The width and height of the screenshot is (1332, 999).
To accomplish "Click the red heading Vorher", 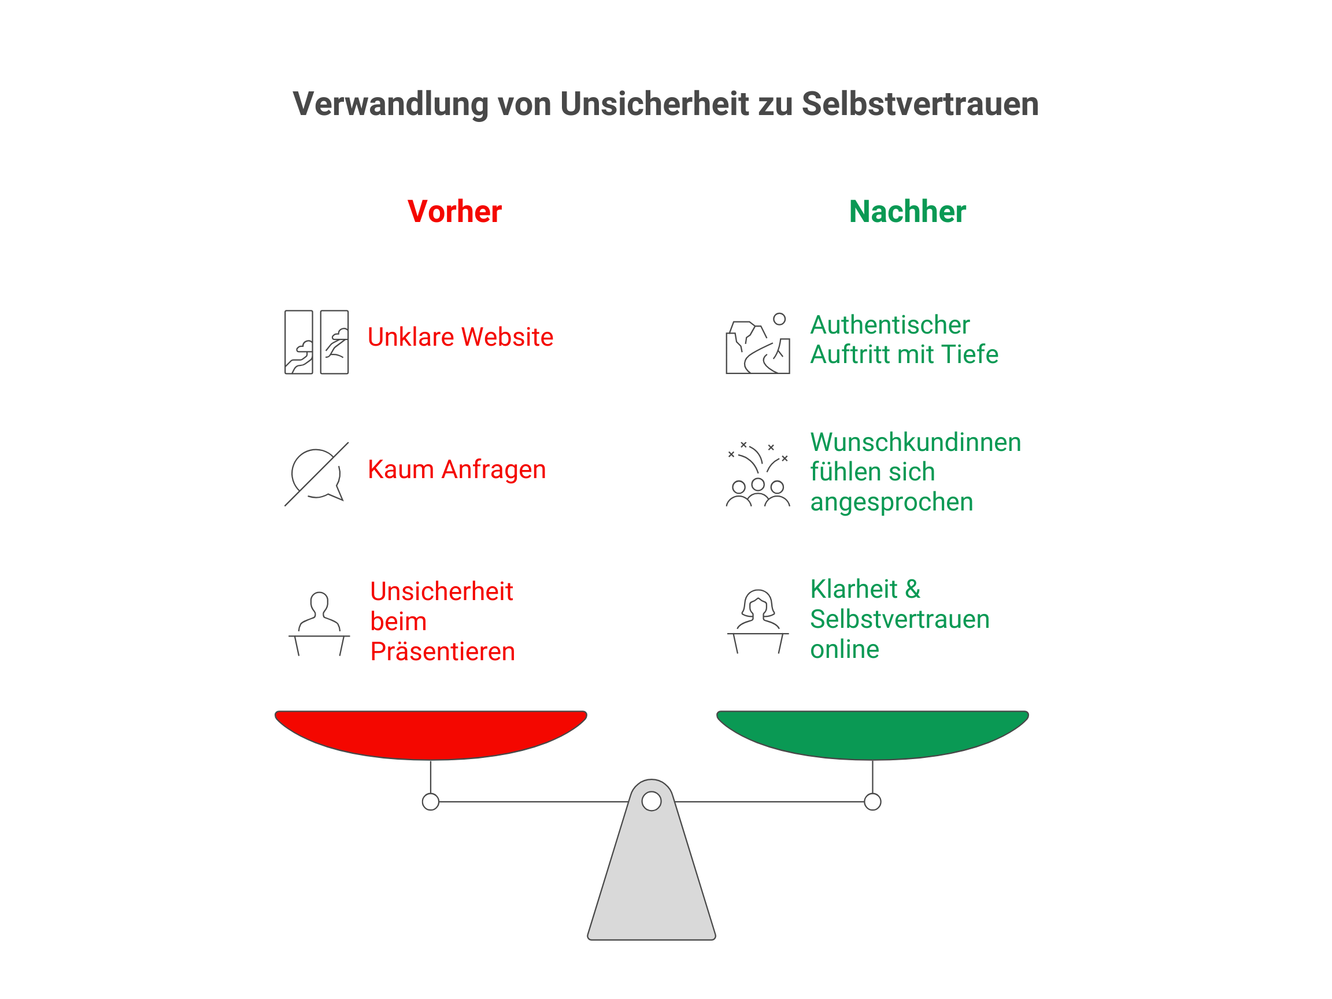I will point(454,212).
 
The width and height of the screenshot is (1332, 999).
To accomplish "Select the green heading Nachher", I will point(907,212).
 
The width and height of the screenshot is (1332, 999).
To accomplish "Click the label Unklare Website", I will point(460,336).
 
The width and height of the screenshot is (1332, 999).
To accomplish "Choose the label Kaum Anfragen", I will point(457,469).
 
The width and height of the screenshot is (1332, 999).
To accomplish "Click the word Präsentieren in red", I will point(442,652).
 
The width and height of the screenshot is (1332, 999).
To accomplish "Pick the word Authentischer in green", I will point(889,325).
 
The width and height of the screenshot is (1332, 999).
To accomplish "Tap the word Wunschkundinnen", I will point(915,442).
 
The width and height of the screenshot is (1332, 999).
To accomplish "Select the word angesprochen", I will point(891,502).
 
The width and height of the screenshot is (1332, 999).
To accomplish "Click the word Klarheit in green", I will point(854,589).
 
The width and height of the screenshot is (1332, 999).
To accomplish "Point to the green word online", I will point(844,649).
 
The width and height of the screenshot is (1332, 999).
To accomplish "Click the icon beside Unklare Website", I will point(317,342).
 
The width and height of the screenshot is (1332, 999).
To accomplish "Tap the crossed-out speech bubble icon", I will point(317,475).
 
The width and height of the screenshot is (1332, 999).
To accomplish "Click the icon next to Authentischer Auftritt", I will point(757,343).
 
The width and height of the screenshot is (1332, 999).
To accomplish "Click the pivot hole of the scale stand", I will point(652,801).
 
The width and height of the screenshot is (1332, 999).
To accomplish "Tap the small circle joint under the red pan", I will point(431,801).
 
